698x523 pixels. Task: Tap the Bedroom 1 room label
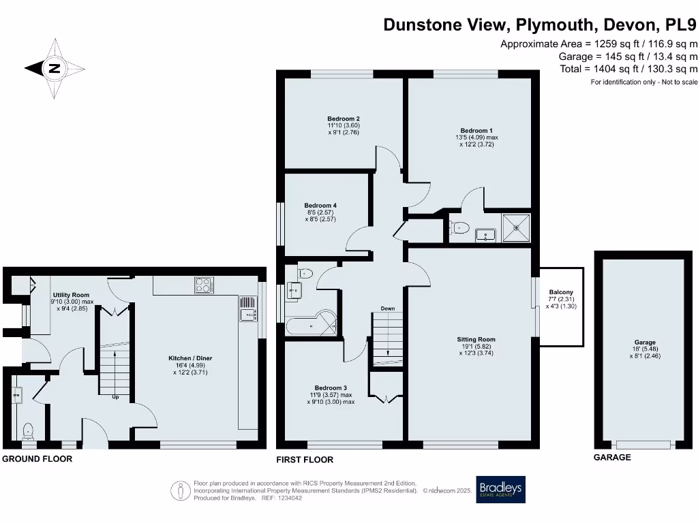475,131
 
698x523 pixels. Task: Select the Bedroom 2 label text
343,118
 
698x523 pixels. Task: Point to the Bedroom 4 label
320,206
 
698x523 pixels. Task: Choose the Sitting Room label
476,339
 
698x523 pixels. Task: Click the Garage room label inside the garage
645,343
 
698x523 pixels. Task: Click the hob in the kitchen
203,285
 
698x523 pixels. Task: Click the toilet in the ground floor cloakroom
28,430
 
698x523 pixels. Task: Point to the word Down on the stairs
387,308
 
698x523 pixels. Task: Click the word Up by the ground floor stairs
115,397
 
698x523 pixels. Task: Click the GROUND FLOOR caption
37,459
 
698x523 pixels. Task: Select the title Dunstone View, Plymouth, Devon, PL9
540,25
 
